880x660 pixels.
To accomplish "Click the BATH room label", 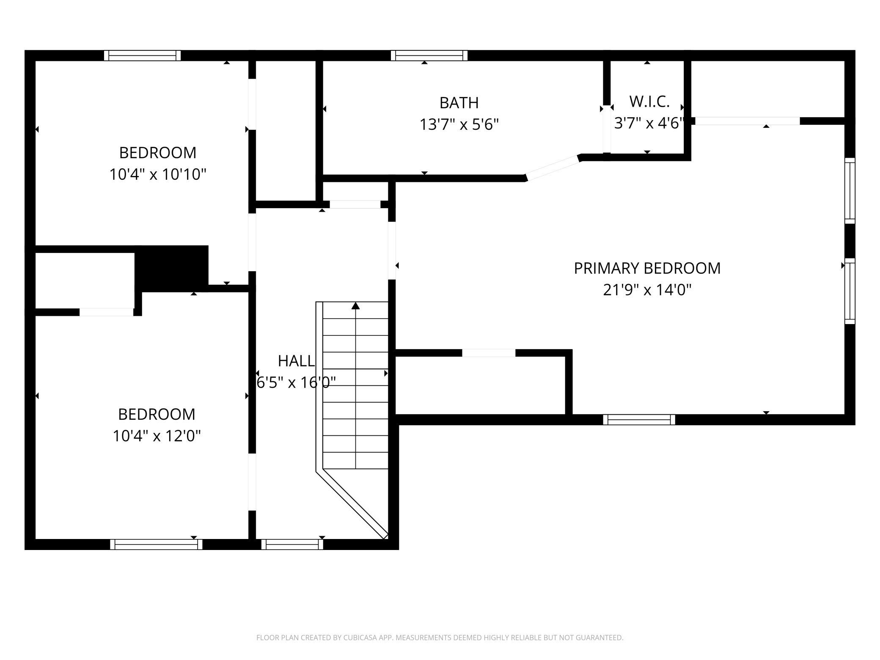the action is pyautogui.click(x=459, y=103).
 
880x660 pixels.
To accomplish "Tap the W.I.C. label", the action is pyautogui.click(x=649, y=102).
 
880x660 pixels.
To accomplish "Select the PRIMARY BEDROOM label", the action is pyautogui.click(x=647, y=268).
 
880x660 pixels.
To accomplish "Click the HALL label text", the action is pyautogui.click(x=296, y=361).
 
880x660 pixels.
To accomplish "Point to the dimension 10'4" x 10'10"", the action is pyautogui.click(x=158, y=174).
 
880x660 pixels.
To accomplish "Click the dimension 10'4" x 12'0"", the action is pyautogui.click(x=157, y=436).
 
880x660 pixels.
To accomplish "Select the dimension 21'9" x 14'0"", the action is pyautogui.click(x=647, y=290).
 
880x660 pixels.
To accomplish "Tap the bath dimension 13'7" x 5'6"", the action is pyautogui.click(x=459, y=125).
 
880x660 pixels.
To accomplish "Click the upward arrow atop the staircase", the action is pyautogui.click(x=355, y=305).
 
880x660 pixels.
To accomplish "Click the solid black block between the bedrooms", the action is pyautogui.click(x=171, y=268).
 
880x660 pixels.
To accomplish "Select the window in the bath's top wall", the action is pyautogui.click(x=429, y=55).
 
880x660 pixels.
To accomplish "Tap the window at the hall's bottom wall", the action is pyautogui.click(x=292, y=544).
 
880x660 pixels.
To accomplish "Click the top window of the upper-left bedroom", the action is pyautogui.click(x=143, y=55).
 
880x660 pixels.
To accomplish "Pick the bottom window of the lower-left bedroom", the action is pyautogui.click(x=156, y=544).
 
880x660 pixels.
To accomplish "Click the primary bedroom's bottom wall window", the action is pyautogui.click(x=639, y=420).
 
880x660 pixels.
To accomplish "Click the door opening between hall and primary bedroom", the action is pyautogui.click(x=392, y=250).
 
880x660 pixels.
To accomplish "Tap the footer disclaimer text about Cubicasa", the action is pyautogui.click(x=440, y=638).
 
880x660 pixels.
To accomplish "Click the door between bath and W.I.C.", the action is pyautogui.click(x=607, y=129).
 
